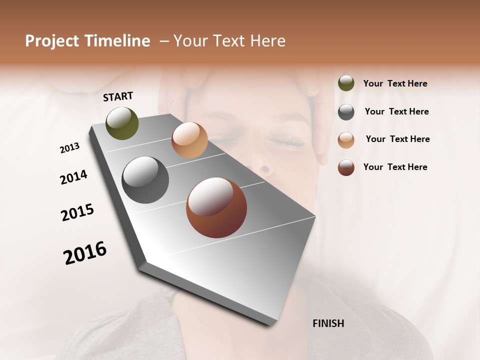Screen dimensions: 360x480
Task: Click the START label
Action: pyautogui.click(x=118, y=96)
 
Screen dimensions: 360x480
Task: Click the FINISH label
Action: pyautogui.click(x=328, y=323)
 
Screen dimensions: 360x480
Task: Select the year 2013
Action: pyautogui.click(x=69, y=148)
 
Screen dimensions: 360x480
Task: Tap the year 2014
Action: pyautogui.click(x=73, y=177)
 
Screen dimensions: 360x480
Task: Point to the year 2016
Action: pyautogui.click(x=85, y=253)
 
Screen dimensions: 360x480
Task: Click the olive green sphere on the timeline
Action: pyautogui.click(x=122, y=123)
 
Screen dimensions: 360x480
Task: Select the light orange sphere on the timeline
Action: pyautogui.click(x=189, y=140)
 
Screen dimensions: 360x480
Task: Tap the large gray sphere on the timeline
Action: pyautogui.click(x=145, y=180)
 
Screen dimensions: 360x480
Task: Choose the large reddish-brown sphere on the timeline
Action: pyautogui.click(x=216, y=207)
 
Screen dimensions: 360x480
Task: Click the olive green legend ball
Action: pyautogui.click(x=346, y=83)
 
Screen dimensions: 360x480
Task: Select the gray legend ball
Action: pyautogui.click(x=346, y=112)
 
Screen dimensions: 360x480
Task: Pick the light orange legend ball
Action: pyautogui.click(x=346, y=140)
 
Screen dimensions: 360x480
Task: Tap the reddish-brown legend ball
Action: pyautogui.click(x=346, y=167)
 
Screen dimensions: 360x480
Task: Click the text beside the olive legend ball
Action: pyautogui.click(x=395, y=83)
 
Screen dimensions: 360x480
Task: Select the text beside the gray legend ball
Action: pyautogui.click(x=396, y=111)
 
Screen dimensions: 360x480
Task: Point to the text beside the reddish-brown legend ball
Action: pyautogui.click(x=395, y=167)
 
